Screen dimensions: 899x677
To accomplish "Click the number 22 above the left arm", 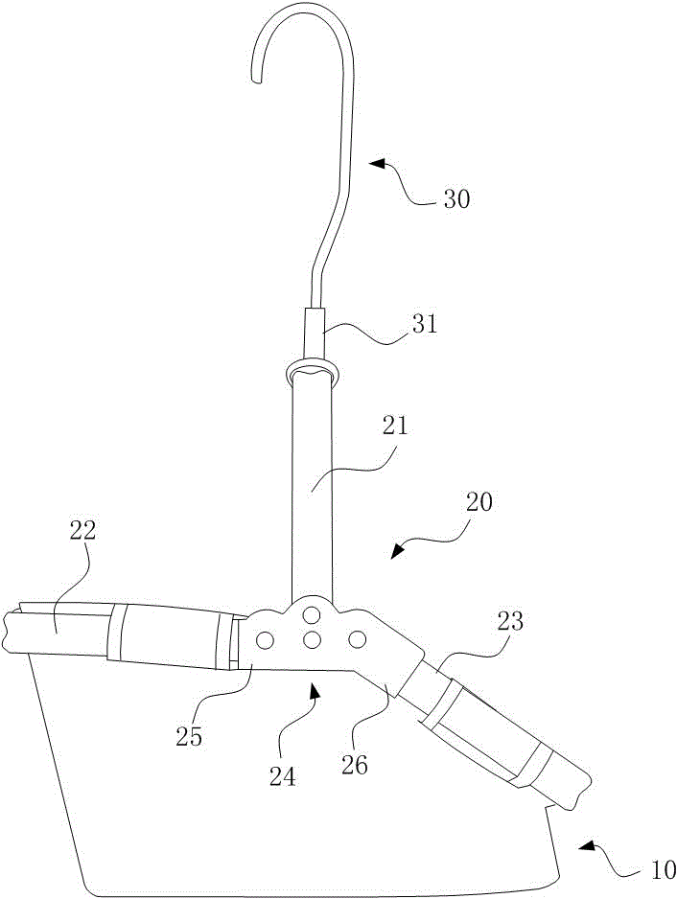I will point(83,532).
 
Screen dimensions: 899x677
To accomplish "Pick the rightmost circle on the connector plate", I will point(357,638).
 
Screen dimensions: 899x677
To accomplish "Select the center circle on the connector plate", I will point(311,640).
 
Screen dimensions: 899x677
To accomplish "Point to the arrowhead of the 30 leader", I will point(378,164).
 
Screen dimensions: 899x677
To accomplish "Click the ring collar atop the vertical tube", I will point(311,371).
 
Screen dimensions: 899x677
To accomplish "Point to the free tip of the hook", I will point(255,80).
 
